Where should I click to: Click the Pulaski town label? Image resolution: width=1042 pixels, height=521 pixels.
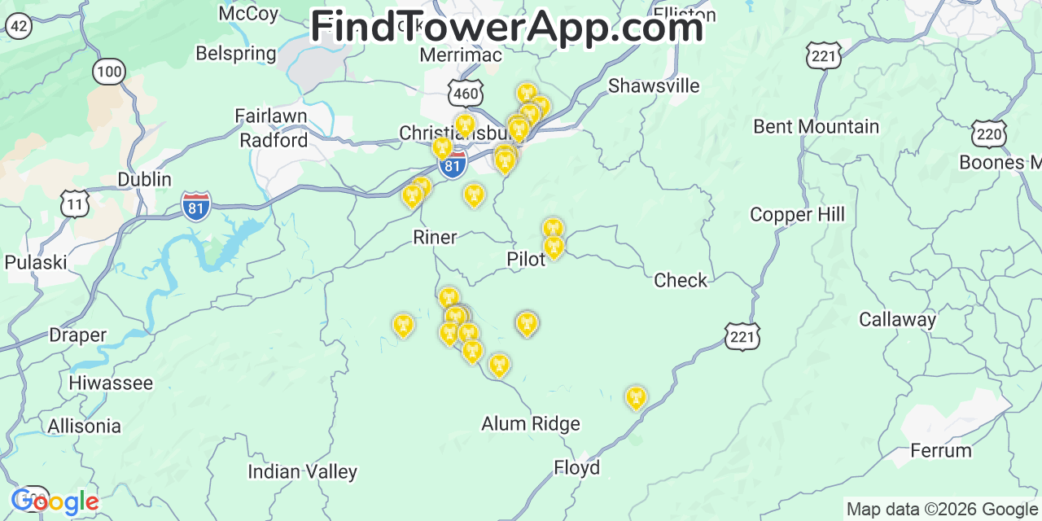coord(36,262)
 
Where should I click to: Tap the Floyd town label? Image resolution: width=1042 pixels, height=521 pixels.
coord(576,468)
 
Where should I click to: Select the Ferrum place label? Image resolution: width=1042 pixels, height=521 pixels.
coord(940,450)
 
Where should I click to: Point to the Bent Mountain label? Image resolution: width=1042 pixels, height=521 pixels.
coord(816,127)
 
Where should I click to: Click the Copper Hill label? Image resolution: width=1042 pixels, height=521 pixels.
coord(797,215)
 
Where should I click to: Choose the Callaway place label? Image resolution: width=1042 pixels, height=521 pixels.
coord(897,320)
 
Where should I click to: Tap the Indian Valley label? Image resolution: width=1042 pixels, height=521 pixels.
coord(302,472)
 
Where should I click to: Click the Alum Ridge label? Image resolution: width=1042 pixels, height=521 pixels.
coord(531,424)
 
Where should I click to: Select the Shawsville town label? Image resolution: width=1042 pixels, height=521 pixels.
coord(654,85)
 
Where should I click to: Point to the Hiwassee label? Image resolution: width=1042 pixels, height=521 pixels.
coord(111,383)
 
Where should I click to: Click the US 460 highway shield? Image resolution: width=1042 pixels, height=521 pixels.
coord(466,94)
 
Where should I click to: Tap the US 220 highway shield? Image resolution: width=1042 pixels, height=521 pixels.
coord(989,134)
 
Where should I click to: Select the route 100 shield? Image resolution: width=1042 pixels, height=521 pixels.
coord(109,72)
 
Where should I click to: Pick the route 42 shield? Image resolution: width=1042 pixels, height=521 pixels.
coord(19,26)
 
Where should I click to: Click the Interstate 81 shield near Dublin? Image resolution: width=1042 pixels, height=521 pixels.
coord(196,206)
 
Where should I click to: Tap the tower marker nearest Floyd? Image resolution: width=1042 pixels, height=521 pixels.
coord(635,398)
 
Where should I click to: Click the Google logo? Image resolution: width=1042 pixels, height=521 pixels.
coord(55,501)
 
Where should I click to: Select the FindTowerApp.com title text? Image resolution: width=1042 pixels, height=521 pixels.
coord(506,27)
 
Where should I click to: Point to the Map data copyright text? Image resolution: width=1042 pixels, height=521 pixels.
coord(942,510)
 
